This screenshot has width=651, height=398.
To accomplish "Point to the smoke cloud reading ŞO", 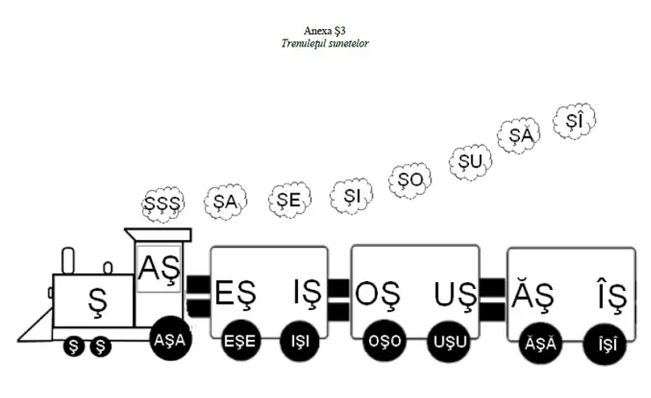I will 410,179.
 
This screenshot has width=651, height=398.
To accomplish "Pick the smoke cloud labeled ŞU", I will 472,161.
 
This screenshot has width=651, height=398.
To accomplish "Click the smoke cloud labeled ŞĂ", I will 522,135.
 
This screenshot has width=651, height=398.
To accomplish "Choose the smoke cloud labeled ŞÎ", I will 575,121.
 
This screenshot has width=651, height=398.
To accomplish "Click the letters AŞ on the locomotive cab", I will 159,264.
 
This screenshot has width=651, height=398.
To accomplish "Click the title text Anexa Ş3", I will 326,30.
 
